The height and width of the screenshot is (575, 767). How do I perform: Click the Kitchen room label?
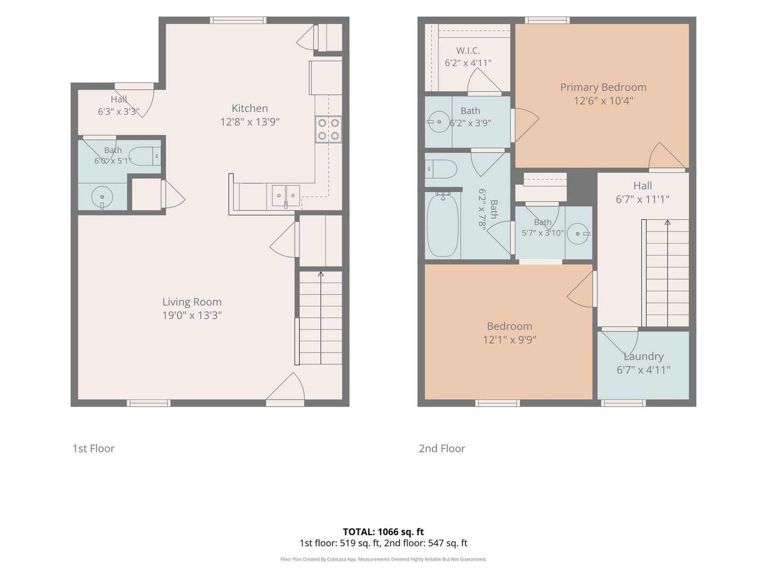(249, 108)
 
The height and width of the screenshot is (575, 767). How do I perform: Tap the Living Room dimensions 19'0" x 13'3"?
(192, 315)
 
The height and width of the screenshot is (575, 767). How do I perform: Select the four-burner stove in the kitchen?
(328, 129)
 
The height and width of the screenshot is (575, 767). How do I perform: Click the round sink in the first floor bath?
(102, 198)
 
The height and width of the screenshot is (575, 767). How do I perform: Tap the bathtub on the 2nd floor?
(443, 225)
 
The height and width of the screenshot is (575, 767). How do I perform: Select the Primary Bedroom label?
(603, 87)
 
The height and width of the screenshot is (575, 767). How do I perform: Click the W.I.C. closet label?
(468, 51)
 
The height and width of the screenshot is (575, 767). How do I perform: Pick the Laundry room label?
(643, 356)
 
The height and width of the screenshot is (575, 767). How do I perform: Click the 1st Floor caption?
(93, 448)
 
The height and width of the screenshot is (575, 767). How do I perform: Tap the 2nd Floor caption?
(442, 448)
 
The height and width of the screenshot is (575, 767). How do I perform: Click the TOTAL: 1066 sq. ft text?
(383, 532)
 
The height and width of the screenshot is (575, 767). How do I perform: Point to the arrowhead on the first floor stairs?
(321, 274)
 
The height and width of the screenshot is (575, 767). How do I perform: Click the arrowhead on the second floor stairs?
(667, 223)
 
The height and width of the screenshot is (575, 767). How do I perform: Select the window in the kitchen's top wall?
(238, 20)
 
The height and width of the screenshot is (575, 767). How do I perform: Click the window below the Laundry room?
(623, 403)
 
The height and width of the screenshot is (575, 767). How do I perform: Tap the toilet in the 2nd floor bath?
(441, 169)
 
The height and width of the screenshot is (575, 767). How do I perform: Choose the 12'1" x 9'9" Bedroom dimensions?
(510, 340)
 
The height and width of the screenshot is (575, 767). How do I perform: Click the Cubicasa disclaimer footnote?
(383, 559)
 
